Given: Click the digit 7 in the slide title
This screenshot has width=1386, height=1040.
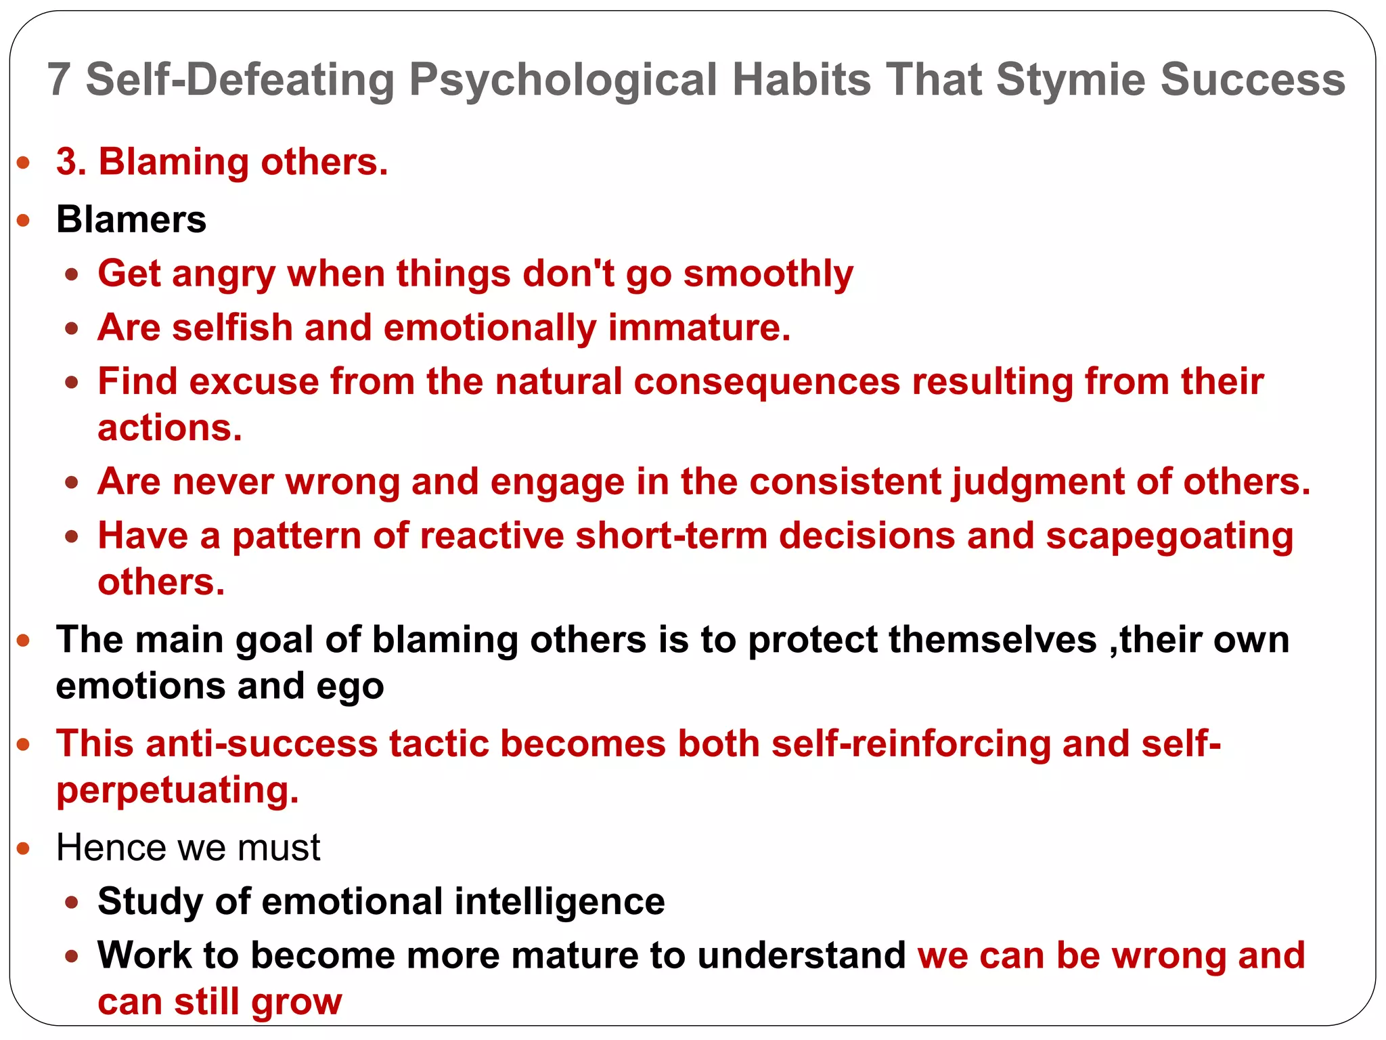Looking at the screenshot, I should click(59, 80).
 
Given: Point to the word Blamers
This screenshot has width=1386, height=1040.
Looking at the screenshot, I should click(131, 220).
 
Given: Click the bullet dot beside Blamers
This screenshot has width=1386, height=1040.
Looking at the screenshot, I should click(24, 220).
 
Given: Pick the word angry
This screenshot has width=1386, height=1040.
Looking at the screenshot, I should click(223, 275).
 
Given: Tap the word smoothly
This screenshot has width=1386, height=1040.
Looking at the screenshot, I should click(768, 275).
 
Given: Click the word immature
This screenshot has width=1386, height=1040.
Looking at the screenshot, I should click(699, 328).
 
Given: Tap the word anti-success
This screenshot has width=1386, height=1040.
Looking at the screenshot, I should click(261, 744).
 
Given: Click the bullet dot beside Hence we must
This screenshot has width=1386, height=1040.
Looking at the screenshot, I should click(24, 848).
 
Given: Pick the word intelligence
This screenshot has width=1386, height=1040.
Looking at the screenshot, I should click(560, 902).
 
